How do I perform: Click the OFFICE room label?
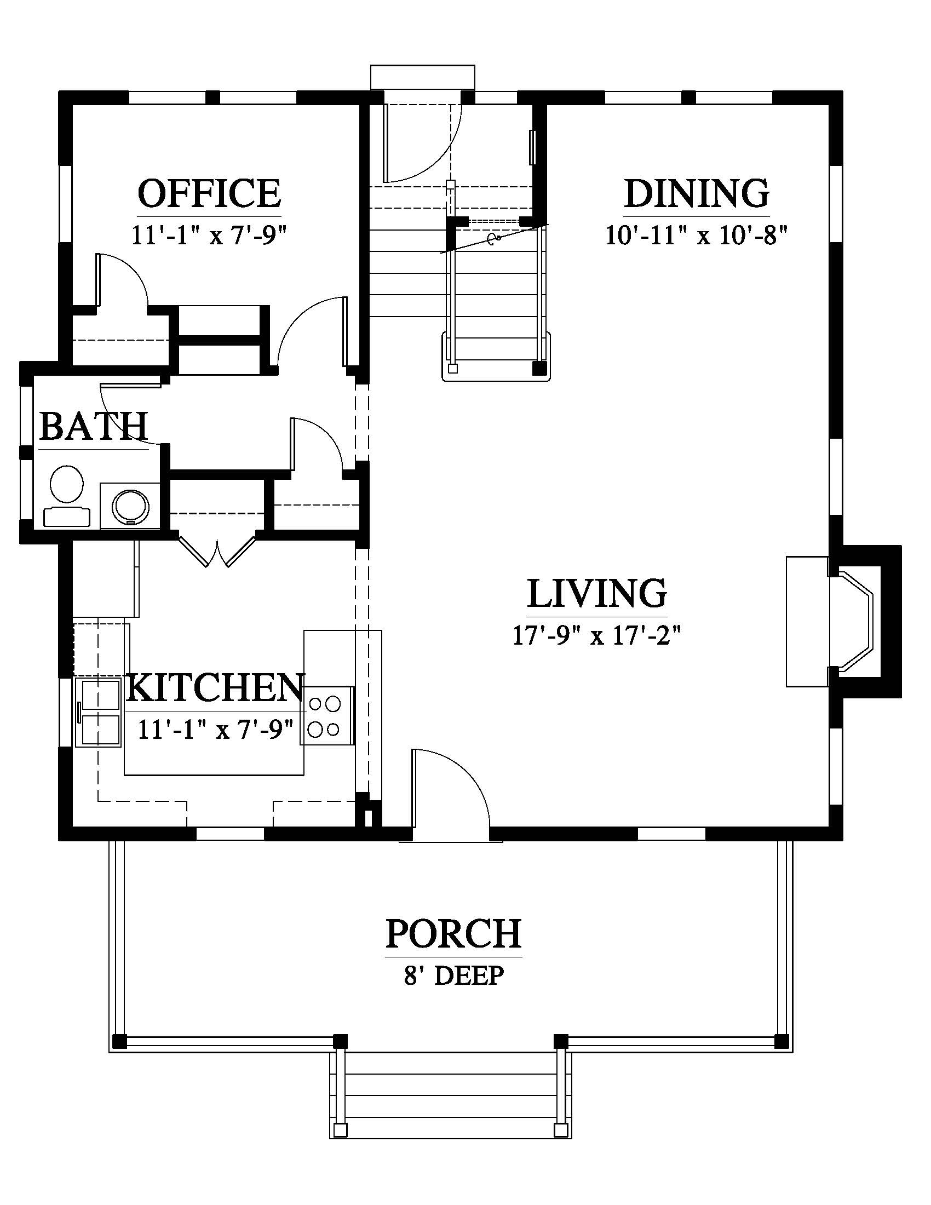coord(209,193)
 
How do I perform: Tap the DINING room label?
coord(697,193)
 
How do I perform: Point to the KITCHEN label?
coord(216,687)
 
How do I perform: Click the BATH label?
coord(94,426)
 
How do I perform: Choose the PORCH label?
coord(453,933)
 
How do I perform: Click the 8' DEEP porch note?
coord(454,976)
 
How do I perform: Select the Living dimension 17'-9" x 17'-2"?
coord(597,635)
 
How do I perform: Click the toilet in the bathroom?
coord(67,496)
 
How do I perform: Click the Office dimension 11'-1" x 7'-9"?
coord(209,236)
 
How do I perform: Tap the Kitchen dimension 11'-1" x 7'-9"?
coord(216,730)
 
